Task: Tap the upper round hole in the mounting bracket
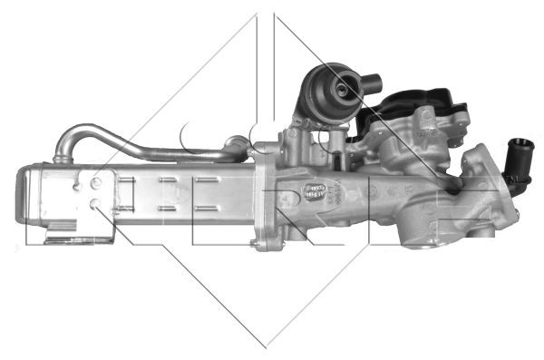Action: tap(95, 182)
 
